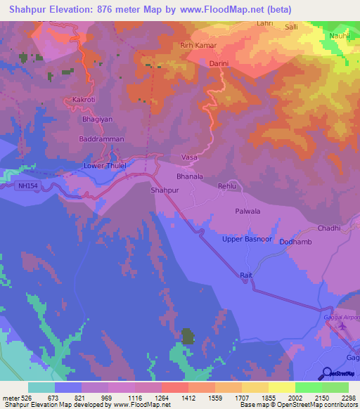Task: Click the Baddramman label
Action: click(x=101, y=139)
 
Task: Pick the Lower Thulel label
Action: click(x=105, y=166)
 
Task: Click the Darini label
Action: click(x=221, y=63)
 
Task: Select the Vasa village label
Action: click(x=189, y=157)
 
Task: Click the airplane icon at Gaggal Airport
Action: click(x=343, y=325)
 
